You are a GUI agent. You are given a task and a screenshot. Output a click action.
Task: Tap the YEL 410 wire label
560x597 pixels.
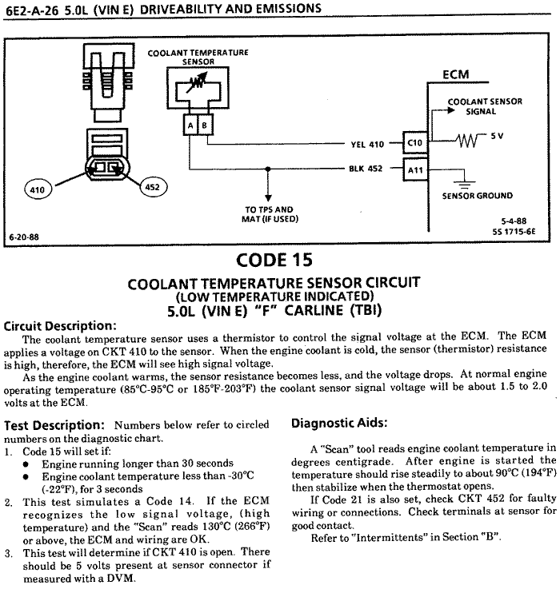pos(367,145)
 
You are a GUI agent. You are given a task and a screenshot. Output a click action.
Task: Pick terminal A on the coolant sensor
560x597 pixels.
pos(190,125)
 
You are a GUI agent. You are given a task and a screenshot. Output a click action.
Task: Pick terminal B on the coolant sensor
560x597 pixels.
pos(205,125)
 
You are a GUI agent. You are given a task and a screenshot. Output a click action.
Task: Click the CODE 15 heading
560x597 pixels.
pos(274,260)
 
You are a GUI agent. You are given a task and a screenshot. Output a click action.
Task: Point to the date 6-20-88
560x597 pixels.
pos(24,237)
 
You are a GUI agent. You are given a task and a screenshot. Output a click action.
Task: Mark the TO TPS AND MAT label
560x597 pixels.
pos(268,214)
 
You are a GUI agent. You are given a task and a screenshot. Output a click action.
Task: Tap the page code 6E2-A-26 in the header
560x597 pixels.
pos(31,9)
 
